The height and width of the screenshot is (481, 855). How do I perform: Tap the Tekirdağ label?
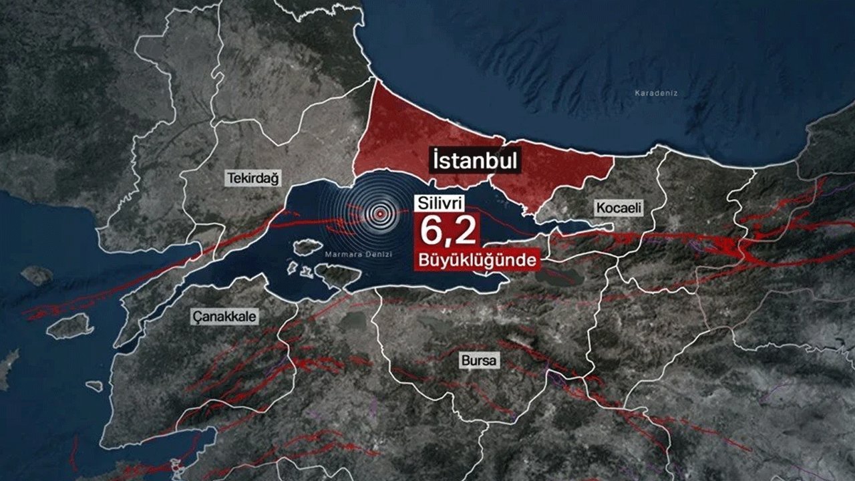point(253,178)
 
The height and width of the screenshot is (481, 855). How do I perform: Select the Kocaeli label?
point(618,208)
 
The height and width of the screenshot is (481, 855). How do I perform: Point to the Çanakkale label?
point(224,316)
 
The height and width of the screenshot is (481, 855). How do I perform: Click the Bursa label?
point(479,361)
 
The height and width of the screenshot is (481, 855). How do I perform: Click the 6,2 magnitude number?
point(448,231)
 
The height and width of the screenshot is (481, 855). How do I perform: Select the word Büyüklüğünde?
point(476,259)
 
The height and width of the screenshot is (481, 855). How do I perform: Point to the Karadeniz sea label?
point(656,94)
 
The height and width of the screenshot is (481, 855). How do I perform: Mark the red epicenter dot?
point(380,214)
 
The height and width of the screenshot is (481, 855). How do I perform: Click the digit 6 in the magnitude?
point(432,231)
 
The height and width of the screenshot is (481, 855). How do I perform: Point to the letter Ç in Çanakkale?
point(196,316)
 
